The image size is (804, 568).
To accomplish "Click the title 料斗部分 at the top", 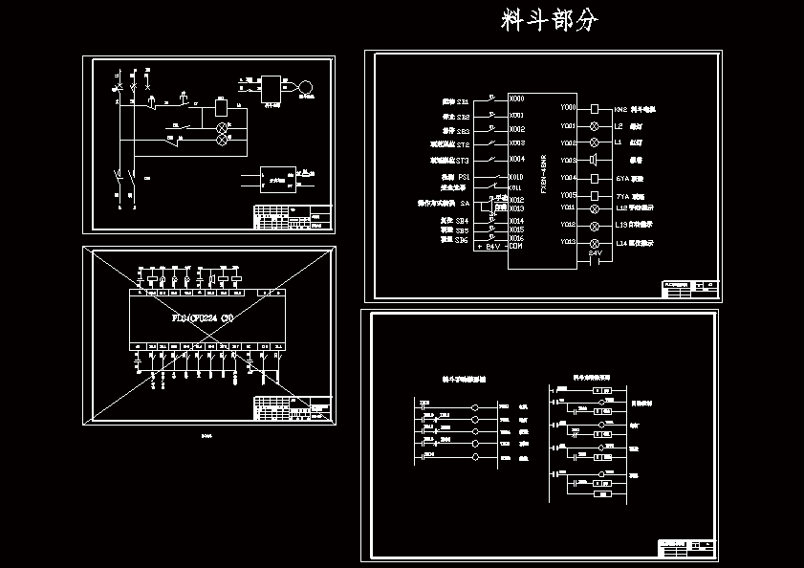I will click(550, 21).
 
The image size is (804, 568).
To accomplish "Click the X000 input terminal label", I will click(517, 98).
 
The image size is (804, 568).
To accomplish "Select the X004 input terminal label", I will click(517, 160).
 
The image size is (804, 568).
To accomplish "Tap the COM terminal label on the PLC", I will click(516, 247).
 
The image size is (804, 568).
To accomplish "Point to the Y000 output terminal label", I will click(569, 108).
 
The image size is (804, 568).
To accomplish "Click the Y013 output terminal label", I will click(569, 243).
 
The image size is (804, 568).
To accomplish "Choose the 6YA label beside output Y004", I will click(621, 178).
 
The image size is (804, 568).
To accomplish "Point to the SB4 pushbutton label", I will click(462, 221).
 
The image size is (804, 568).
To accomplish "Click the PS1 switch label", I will click(463, 177).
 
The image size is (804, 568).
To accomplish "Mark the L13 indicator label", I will click(621, 226).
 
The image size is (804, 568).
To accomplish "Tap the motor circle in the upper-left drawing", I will click(306, 88).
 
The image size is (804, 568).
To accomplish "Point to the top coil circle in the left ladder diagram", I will click(475, 407).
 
